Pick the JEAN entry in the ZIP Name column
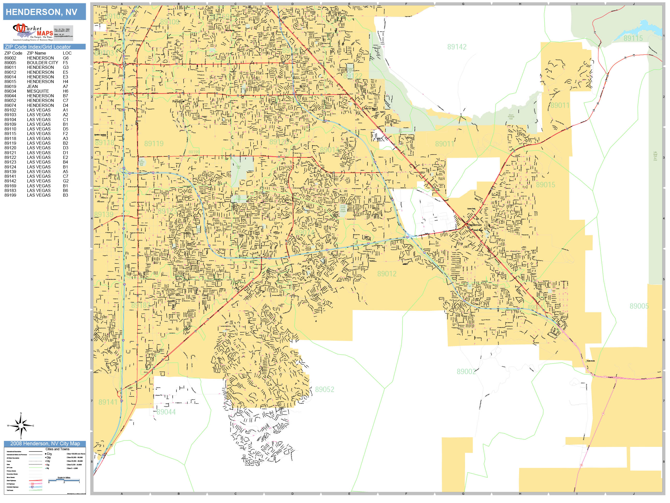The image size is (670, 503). point(32,86)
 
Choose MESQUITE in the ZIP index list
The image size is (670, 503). point(38,91)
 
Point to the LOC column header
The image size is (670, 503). point(67,53)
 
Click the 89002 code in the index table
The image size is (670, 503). point(10,58)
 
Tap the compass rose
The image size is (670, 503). point(21,426)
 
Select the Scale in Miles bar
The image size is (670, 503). point(64,480)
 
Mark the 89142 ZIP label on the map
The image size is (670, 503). point(457,47)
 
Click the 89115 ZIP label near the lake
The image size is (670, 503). point(633,39)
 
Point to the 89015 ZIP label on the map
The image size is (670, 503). point(545,185)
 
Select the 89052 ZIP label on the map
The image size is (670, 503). point(324,389)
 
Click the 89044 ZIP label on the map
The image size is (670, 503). point(166,412)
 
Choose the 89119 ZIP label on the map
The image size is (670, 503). point(154,143)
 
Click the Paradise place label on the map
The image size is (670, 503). point(178,101)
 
